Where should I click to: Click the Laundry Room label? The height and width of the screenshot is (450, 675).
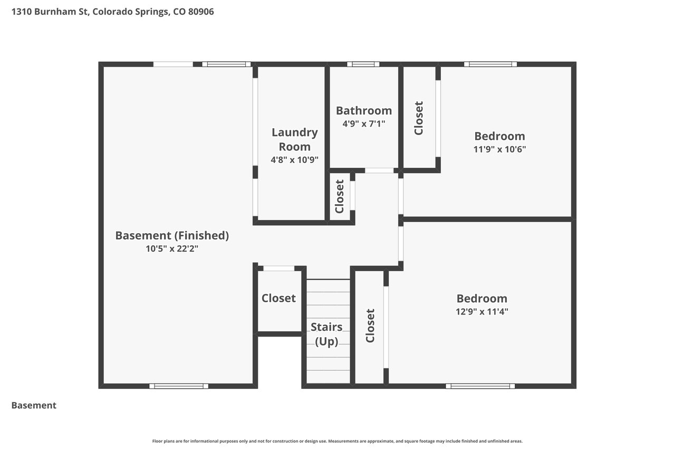pyautogui.click(x=294, y=140)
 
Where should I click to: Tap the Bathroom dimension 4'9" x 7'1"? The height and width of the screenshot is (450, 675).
pyautogui.click(x=364, y=123)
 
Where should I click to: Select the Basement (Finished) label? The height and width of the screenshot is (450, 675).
pyautogui.click(x=172, y=235)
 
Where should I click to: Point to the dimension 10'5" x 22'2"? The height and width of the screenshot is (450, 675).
pyautogui.click(x=172, y=248)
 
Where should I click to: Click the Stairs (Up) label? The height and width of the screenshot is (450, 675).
pyautogui.click(x=326, y=334)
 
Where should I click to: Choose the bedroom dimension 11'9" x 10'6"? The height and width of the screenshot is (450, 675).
pyautogui.click(x=499, y=149)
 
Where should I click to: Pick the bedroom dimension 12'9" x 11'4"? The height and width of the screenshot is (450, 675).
pyautogui.click(x=482, y=311)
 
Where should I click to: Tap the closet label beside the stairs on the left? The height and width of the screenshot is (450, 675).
pyautogui.click(x=278, y=298)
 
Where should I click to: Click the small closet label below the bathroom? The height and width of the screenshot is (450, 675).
pyautogui.click(x=339, y=197)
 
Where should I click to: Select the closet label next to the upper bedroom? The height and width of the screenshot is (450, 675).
pyautogui.click(x=419, y=118)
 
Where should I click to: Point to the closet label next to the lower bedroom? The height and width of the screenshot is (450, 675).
pyautogui.click(x=370, y=326)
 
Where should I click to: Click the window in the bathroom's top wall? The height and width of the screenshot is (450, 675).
pyautogui.click(x=363, y=64)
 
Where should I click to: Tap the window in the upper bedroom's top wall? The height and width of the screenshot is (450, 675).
pyautogui.click(x=490, y=64)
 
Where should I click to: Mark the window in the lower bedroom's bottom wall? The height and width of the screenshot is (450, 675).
pyautogui.click(x=480, y=386)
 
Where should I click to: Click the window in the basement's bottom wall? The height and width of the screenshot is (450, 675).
pyautogui.click(x=179, y=386)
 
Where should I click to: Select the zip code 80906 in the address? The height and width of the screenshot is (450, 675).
pyautogui.click(x=201, y=12)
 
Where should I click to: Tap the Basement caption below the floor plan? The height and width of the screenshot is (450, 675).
pyautogui.click(x=34, y=405)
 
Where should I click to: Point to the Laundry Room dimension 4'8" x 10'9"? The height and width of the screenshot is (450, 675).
pyautogui.click(x=294, y=160)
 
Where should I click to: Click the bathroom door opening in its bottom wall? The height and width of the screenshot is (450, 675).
pyautogui.click(x=379, y=170)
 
